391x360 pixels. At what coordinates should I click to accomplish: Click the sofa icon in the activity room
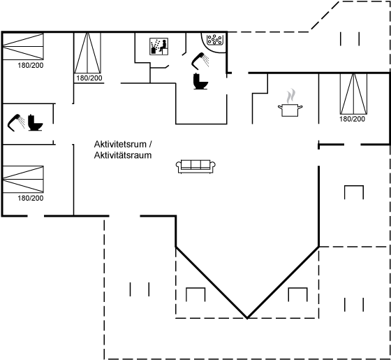click(195, 166)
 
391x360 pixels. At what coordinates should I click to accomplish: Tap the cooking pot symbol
click(290, 110)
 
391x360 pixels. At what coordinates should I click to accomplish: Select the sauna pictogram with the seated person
click(159, 46)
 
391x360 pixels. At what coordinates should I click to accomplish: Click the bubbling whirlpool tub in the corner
click(214, 40)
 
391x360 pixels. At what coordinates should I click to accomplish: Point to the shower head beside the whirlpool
click(200, 61)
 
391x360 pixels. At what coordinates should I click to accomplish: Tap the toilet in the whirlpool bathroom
click(200, 81)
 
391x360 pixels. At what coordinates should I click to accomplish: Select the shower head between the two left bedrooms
click(16, 122)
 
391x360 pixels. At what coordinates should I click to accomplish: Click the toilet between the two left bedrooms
click(35, 122)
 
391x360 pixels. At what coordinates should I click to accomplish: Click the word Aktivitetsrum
click(120, 144)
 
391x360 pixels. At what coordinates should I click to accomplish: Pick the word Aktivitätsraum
click(123, 155)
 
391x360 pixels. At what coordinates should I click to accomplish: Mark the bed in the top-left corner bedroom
click(23, 46)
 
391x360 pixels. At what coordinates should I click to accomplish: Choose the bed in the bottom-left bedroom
click(23, 179)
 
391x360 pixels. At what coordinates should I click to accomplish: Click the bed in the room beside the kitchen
click(353, 94)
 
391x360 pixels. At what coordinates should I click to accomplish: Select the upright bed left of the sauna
click(87, 53)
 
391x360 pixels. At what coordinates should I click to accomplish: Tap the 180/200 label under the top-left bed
click(31, 66)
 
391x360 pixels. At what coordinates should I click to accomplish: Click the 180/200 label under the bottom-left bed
click(31, 199)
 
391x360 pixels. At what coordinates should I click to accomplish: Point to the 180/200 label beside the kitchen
click(352, 119)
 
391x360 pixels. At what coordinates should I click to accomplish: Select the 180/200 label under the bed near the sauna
click(89, 78)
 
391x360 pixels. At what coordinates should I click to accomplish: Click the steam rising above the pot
click(290, 96)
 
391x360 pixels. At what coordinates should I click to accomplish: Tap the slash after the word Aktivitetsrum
click(150, 144)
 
